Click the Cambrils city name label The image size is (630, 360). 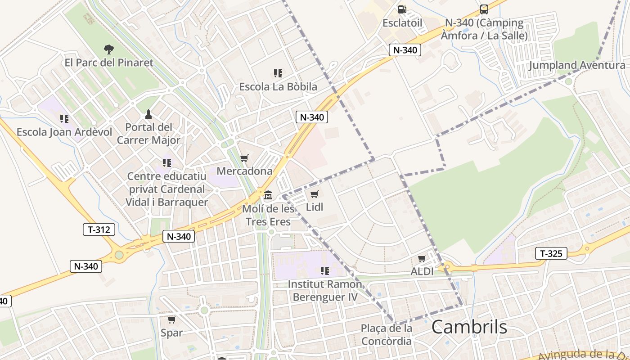pos(469,327)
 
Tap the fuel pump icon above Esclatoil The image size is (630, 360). pos(402,9)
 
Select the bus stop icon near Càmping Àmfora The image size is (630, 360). pos(484,9)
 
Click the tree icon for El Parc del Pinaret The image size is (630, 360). pos(108,49)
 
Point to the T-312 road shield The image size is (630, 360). pos(99,229)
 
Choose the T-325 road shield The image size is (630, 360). pos(551,253)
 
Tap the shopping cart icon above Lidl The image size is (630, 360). pos(315,194)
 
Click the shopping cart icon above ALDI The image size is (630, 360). pos(422,259)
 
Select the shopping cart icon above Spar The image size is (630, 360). pos(171,320)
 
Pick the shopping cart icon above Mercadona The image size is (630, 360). pos(244,158)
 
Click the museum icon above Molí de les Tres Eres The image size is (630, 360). pos(269,195)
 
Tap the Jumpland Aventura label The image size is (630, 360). pos(577,65)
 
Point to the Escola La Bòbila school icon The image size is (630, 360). pos(278,73)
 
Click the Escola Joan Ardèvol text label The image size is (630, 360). pos(64,132)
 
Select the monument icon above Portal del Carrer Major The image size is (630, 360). pos(148,114)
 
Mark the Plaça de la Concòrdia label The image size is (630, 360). pos(387,334)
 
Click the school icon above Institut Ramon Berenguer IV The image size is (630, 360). pos(324,271)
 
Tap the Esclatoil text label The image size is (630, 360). pos(402,22)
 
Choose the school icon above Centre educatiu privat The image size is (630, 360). pos(167,163)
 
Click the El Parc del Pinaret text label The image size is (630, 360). pos(109,63)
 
